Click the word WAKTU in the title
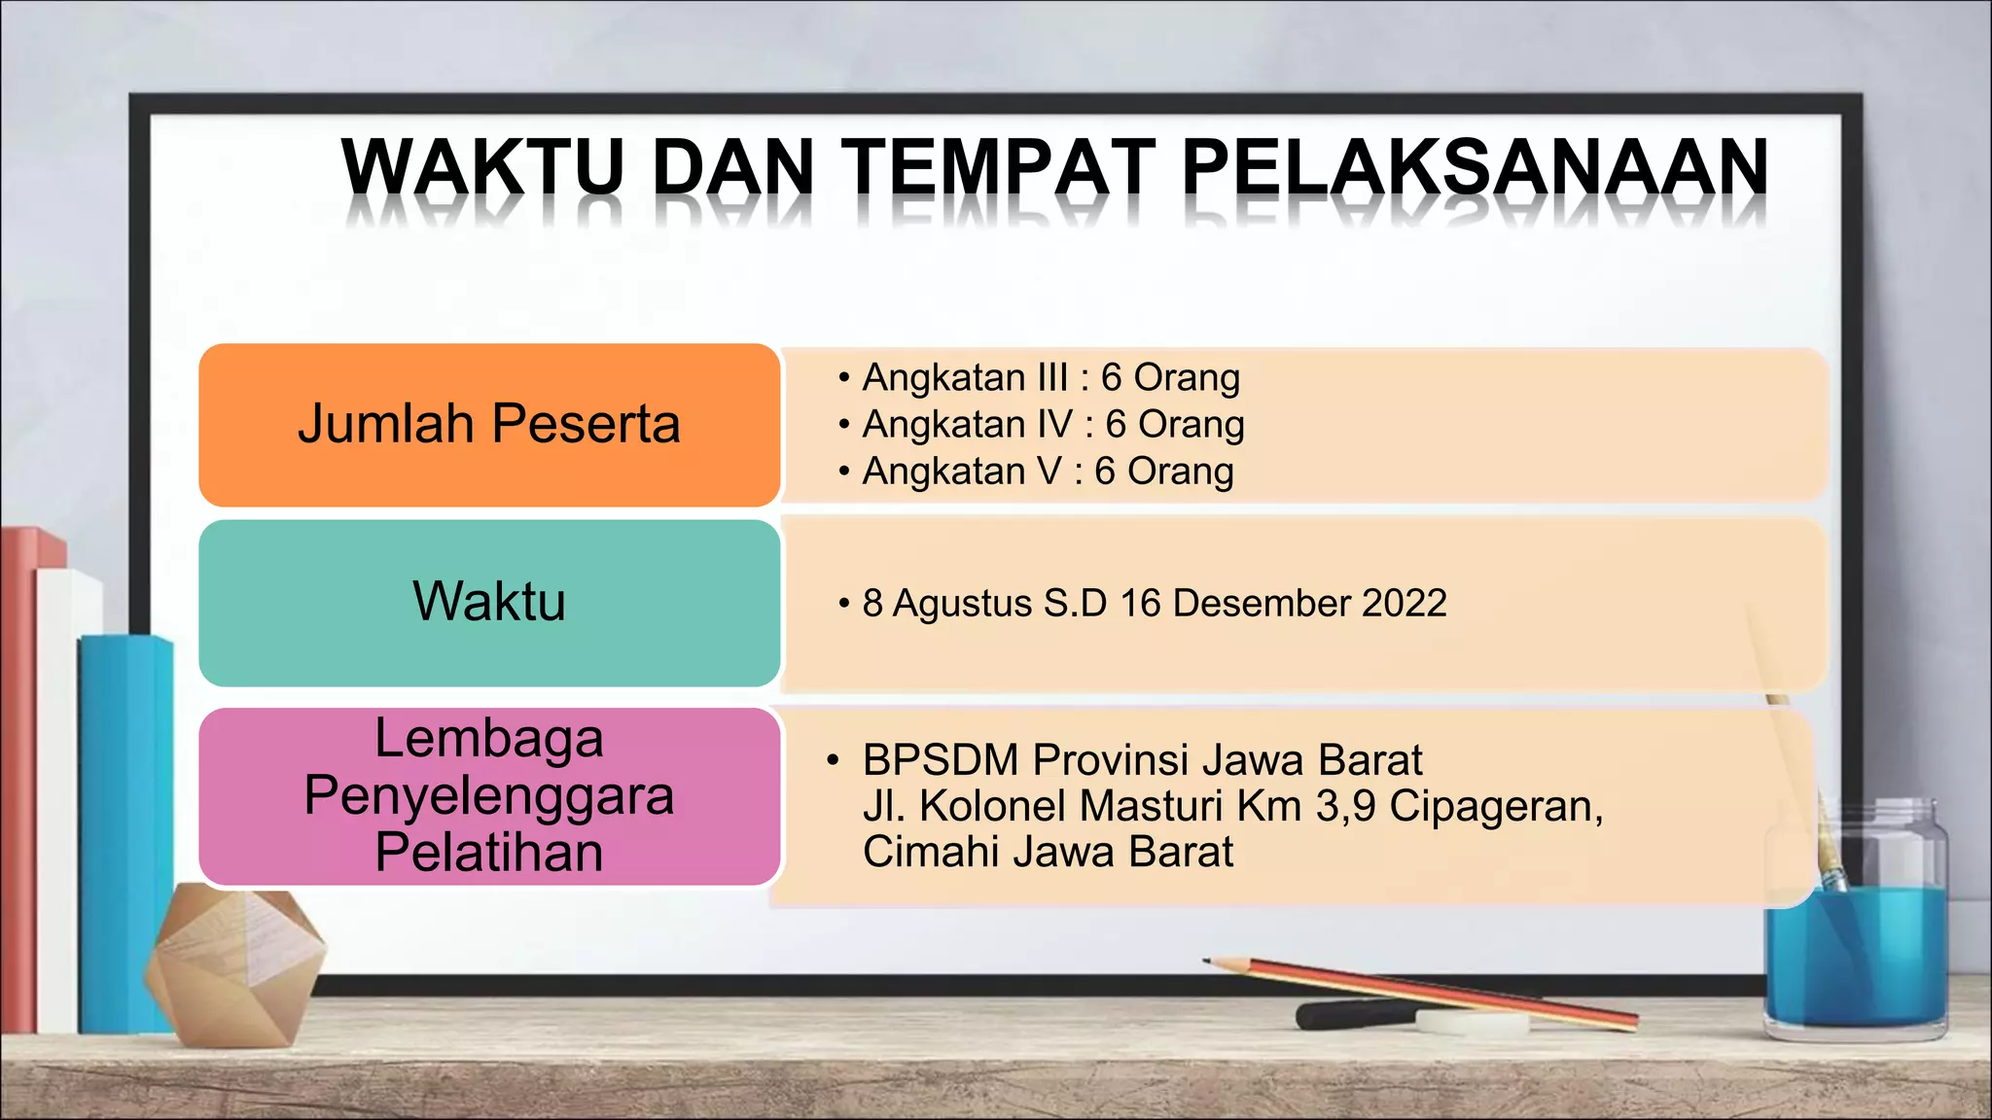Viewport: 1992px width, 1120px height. coord(482,168)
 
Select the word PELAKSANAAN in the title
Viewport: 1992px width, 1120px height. coord(1475,168)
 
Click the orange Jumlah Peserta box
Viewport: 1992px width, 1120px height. coord(489,425)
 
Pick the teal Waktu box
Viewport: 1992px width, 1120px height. coord(489,602)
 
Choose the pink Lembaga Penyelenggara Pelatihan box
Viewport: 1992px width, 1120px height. coord(489,796)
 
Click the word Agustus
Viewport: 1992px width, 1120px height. coord(962,603)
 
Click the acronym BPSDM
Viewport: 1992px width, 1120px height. coord(941,759)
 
